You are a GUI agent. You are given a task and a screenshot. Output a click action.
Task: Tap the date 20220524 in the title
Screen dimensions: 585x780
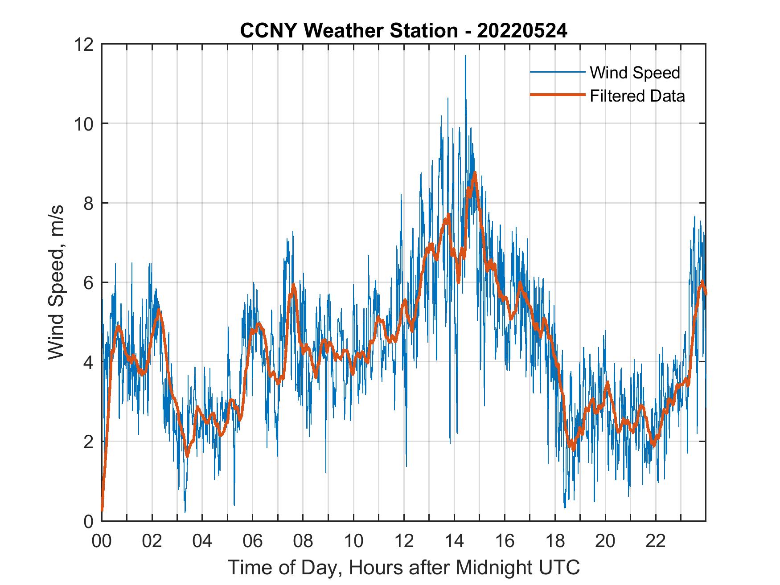522,31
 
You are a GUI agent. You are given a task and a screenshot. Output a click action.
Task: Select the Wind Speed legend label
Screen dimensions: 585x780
635,73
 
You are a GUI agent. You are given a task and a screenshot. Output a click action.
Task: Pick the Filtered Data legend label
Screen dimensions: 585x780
637,96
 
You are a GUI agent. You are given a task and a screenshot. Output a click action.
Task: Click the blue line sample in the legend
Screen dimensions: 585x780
557,72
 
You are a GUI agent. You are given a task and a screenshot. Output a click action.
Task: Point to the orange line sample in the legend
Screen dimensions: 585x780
557,95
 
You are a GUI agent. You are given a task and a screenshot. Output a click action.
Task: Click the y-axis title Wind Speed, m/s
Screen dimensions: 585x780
56,282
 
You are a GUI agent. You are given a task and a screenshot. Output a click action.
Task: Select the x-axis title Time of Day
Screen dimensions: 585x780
403,567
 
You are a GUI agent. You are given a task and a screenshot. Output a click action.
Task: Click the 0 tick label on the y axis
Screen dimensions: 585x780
89,521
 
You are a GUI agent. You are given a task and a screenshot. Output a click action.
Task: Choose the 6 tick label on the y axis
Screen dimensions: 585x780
89,282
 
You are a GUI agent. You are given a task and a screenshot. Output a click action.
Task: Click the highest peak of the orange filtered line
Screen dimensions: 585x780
475,172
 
